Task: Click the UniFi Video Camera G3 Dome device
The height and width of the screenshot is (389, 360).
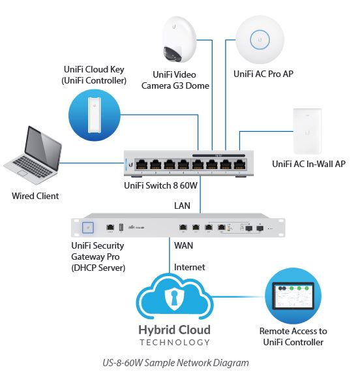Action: [x=179, y=40]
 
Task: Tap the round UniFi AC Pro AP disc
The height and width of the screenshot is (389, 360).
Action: [x=260, y=40]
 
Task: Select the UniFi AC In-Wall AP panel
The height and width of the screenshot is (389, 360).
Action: [x=307, y=131]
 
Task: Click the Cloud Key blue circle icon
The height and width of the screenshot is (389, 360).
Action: [x=94, y=115]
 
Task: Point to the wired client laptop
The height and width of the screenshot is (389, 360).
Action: [x=33, y=155]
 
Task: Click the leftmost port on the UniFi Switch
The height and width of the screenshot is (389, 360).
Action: [x=142, y=164]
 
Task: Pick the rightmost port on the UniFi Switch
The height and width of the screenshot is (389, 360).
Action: [x=239, y=164]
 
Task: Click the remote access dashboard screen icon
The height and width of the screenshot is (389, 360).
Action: [x=293, y=296]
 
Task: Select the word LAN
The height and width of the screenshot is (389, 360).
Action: [x=182, y=206]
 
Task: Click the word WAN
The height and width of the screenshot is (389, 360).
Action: [x=183, y=245]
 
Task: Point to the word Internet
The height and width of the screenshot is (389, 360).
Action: [x=189, y=267]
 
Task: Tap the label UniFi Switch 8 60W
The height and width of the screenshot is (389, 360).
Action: [x=160, y=185]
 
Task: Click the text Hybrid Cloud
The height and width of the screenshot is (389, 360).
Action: [x=175, y=330]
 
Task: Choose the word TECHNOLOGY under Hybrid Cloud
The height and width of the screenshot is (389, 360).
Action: [x=175, y=343]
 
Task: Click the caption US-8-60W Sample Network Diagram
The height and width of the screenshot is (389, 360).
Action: [x=175, y=363]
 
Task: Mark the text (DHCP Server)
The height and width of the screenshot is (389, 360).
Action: [x=98, y=268]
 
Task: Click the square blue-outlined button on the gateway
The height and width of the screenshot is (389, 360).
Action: [x=88, y=228]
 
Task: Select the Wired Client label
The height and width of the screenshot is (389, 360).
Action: [x=35, y=196]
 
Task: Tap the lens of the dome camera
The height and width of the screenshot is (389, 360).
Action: [x=172, y=54]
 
